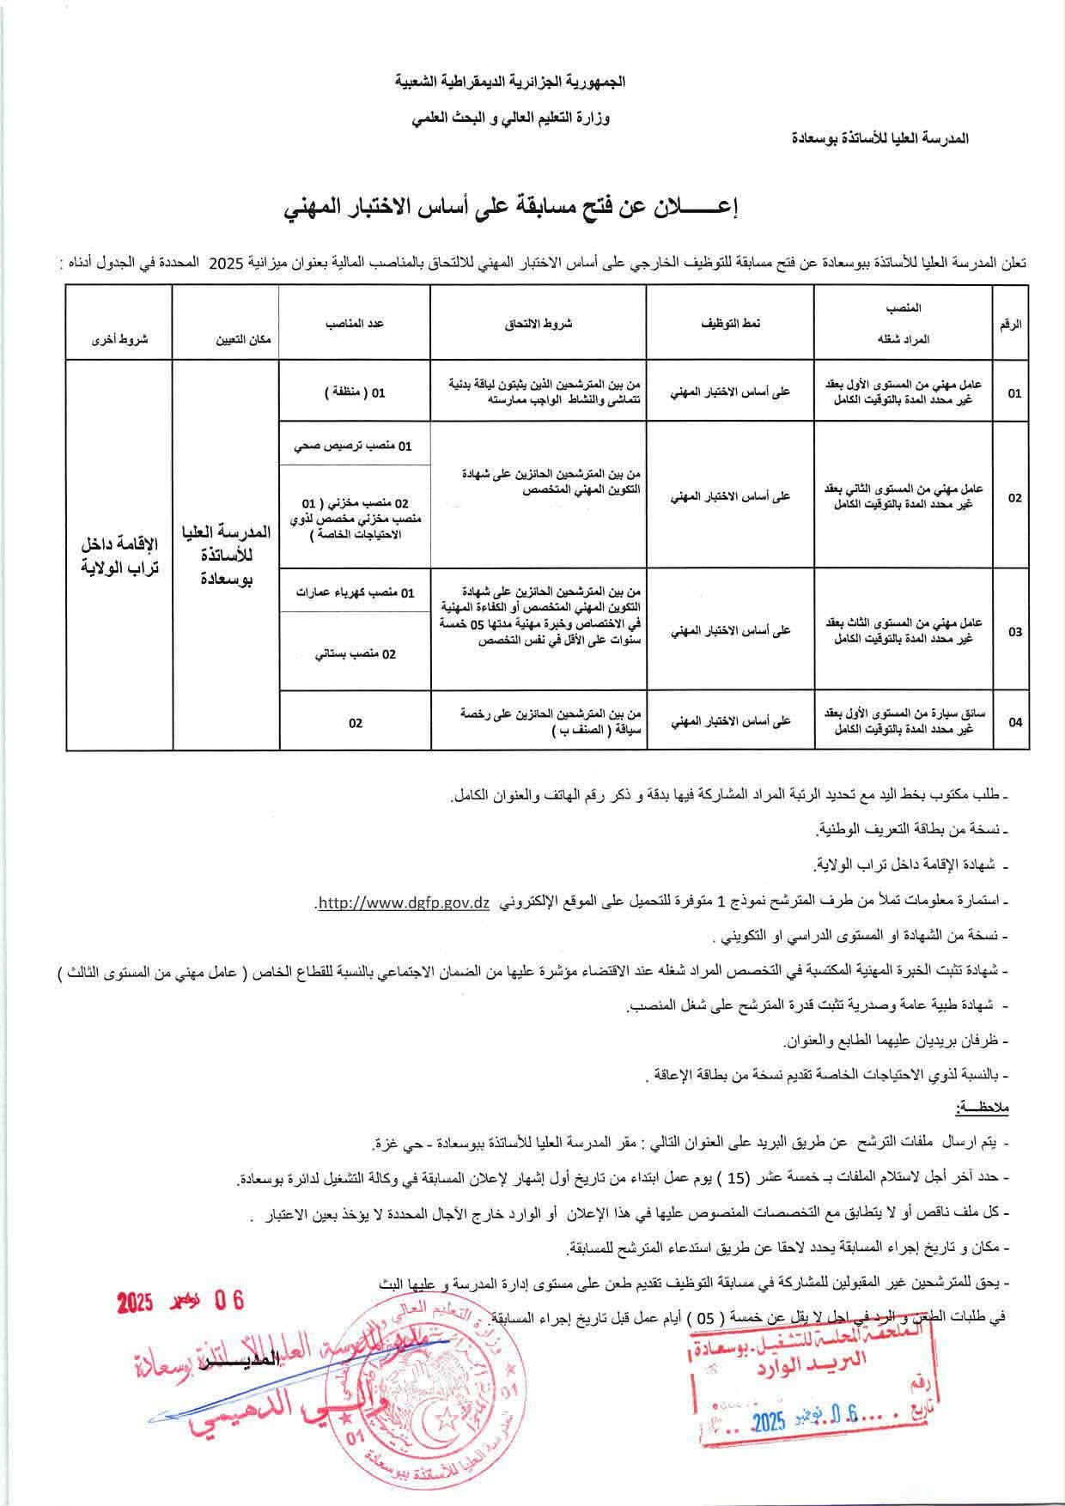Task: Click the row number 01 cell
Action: pos(1014,394)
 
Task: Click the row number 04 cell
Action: pos(1014,722)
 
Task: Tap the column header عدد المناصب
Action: pos(354,324)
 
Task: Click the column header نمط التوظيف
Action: pos(729,324)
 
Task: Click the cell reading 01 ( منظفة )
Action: pos(354,392)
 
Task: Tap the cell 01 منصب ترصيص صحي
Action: pos(353,446)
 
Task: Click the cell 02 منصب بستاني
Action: pos(355,654)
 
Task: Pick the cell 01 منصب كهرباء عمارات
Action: pos(354,593)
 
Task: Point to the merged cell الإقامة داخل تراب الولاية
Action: pos(119,556)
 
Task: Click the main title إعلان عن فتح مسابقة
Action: pos(513,208)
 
